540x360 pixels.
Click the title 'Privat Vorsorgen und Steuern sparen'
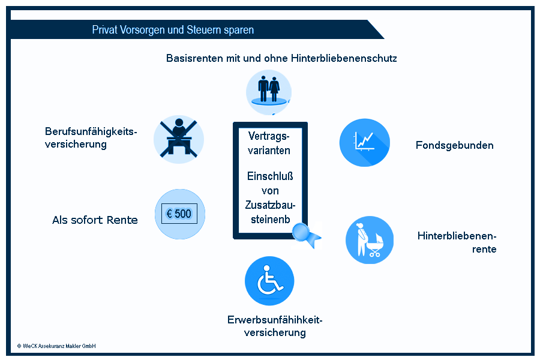(x=173, y=30)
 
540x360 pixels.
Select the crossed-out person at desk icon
(x=179, y=139)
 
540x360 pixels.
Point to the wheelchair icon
(x=269, y=281)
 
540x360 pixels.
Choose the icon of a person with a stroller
(x=370, y=240)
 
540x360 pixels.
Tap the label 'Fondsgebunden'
(x=455, y=145)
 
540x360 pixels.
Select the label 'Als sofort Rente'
(x=95, y=220)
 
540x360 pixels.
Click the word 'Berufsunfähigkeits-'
(x=91, y=131)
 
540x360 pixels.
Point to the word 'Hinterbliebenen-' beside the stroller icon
(x=457, y=236)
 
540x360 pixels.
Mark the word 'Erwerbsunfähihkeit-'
(x=275, y=320)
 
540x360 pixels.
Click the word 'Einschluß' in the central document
(x=270, y=176)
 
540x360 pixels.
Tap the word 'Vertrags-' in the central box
(x=269, y=136)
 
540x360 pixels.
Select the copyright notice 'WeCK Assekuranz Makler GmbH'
(x=56, y=346)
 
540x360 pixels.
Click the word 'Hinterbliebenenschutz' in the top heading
(x=344, y=58)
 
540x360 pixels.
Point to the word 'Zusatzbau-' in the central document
(x=271, y=205)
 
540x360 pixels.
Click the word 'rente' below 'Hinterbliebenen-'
(x=484, y=250)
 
